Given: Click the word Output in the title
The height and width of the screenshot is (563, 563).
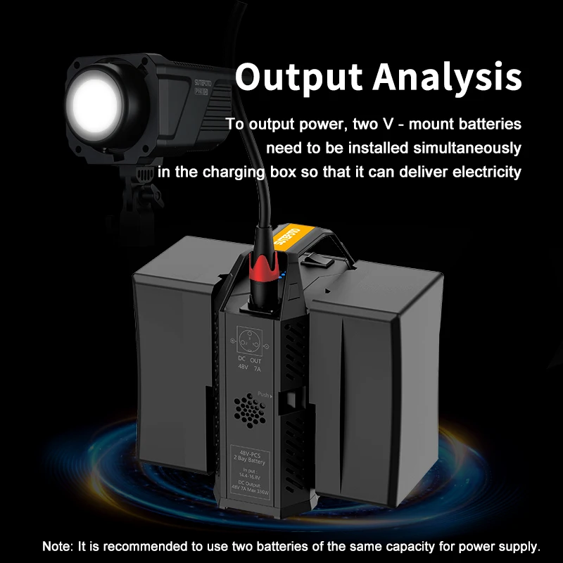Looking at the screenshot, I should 303,78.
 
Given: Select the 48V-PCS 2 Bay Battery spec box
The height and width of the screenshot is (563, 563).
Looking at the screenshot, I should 251,468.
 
